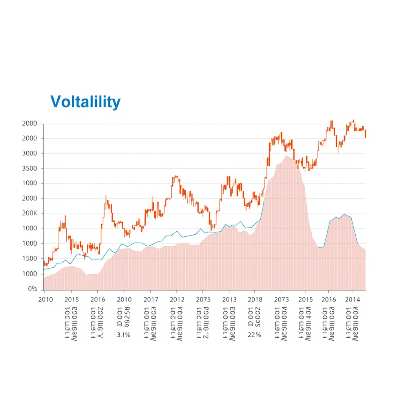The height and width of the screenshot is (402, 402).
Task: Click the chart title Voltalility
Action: click(x=85, y=102)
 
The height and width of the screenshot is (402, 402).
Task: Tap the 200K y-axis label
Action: click(x=30, y=213)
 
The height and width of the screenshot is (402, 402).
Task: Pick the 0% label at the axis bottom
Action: click(x=32, y=289)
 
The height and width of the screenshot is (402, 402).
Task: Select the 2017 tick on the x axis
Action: click(x=151, y=300)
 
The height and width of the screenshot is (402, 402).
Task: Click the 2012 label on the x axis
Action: click(x=177, y=300)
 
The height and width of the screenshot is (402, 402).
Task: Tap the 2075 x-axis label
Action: click(x=203, y=300)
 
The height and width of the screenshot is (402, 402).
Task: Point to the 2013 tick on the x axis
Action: click(x=229, y=300)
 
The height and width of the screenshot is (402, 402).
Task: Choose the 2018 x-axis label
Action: click(x=255, y=300)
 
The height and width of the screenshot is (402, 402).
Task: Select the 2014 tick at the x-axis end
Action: click(x=352, y=300)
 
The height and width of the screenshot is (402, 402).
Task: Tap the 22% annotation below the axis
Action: click(x=254, y=335)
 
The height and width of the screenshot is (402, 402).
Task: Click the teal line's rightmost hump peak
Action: click(x=344, y=214)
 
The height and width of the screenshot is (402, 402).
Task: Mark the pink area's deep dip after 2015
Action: click(x=320, y=248)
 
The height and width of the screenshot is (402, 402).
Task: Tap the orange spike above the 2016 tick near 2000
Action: click(x=106, y=196)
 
